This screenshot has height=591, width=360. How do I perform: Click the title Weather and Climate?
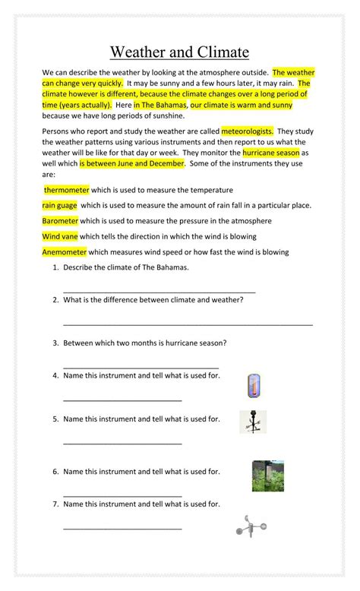pyautogui.click(x=179, y=52)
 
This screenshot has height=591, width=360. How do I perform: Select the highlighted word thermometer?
pyautogui.click(x=67, y=190)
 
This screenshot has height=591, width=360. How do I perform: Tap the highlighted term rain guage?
pyautogui.click(x=59, y=205)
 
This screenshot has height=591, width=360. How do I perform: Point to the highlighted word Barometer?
pyautogui.click(x=60, y=221)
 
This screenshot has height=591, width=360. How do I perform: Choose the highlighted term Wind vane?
pyautogui.click(x=59, y=236)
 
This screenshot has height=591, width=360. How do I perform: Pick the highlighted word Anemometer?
pyautogui.click(x=65, y=251)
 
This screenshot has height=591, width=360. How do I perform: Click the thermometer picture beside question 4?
pyautogui.click(x=254, y=386)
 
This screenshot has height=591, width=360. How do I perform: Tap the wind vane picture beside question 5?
pyautogui.click(x=252, y=422)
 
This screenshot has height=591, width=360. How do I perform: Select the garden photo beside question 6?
pyautogui.click(x=268, y=476)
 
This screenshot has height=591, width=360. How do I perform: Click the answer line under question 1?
pyautogui.click(x=159, y=292)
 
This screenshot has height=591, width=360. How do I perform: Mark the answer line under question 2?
pyautogui.click(x=188, y=324)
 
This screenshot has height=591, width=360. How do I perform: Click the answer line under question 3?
pyautogui.click(x=141, y=367)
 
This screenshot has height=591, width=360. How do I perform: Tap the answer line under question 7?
pyautogui.click(x=122, y=527)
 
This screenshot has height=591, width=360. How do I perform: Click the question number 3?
pyautogui.click(x=55, y=343)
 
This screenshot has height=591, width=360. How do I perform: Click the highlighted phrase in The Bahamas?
pyautogui.click(x=161, y=105)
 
